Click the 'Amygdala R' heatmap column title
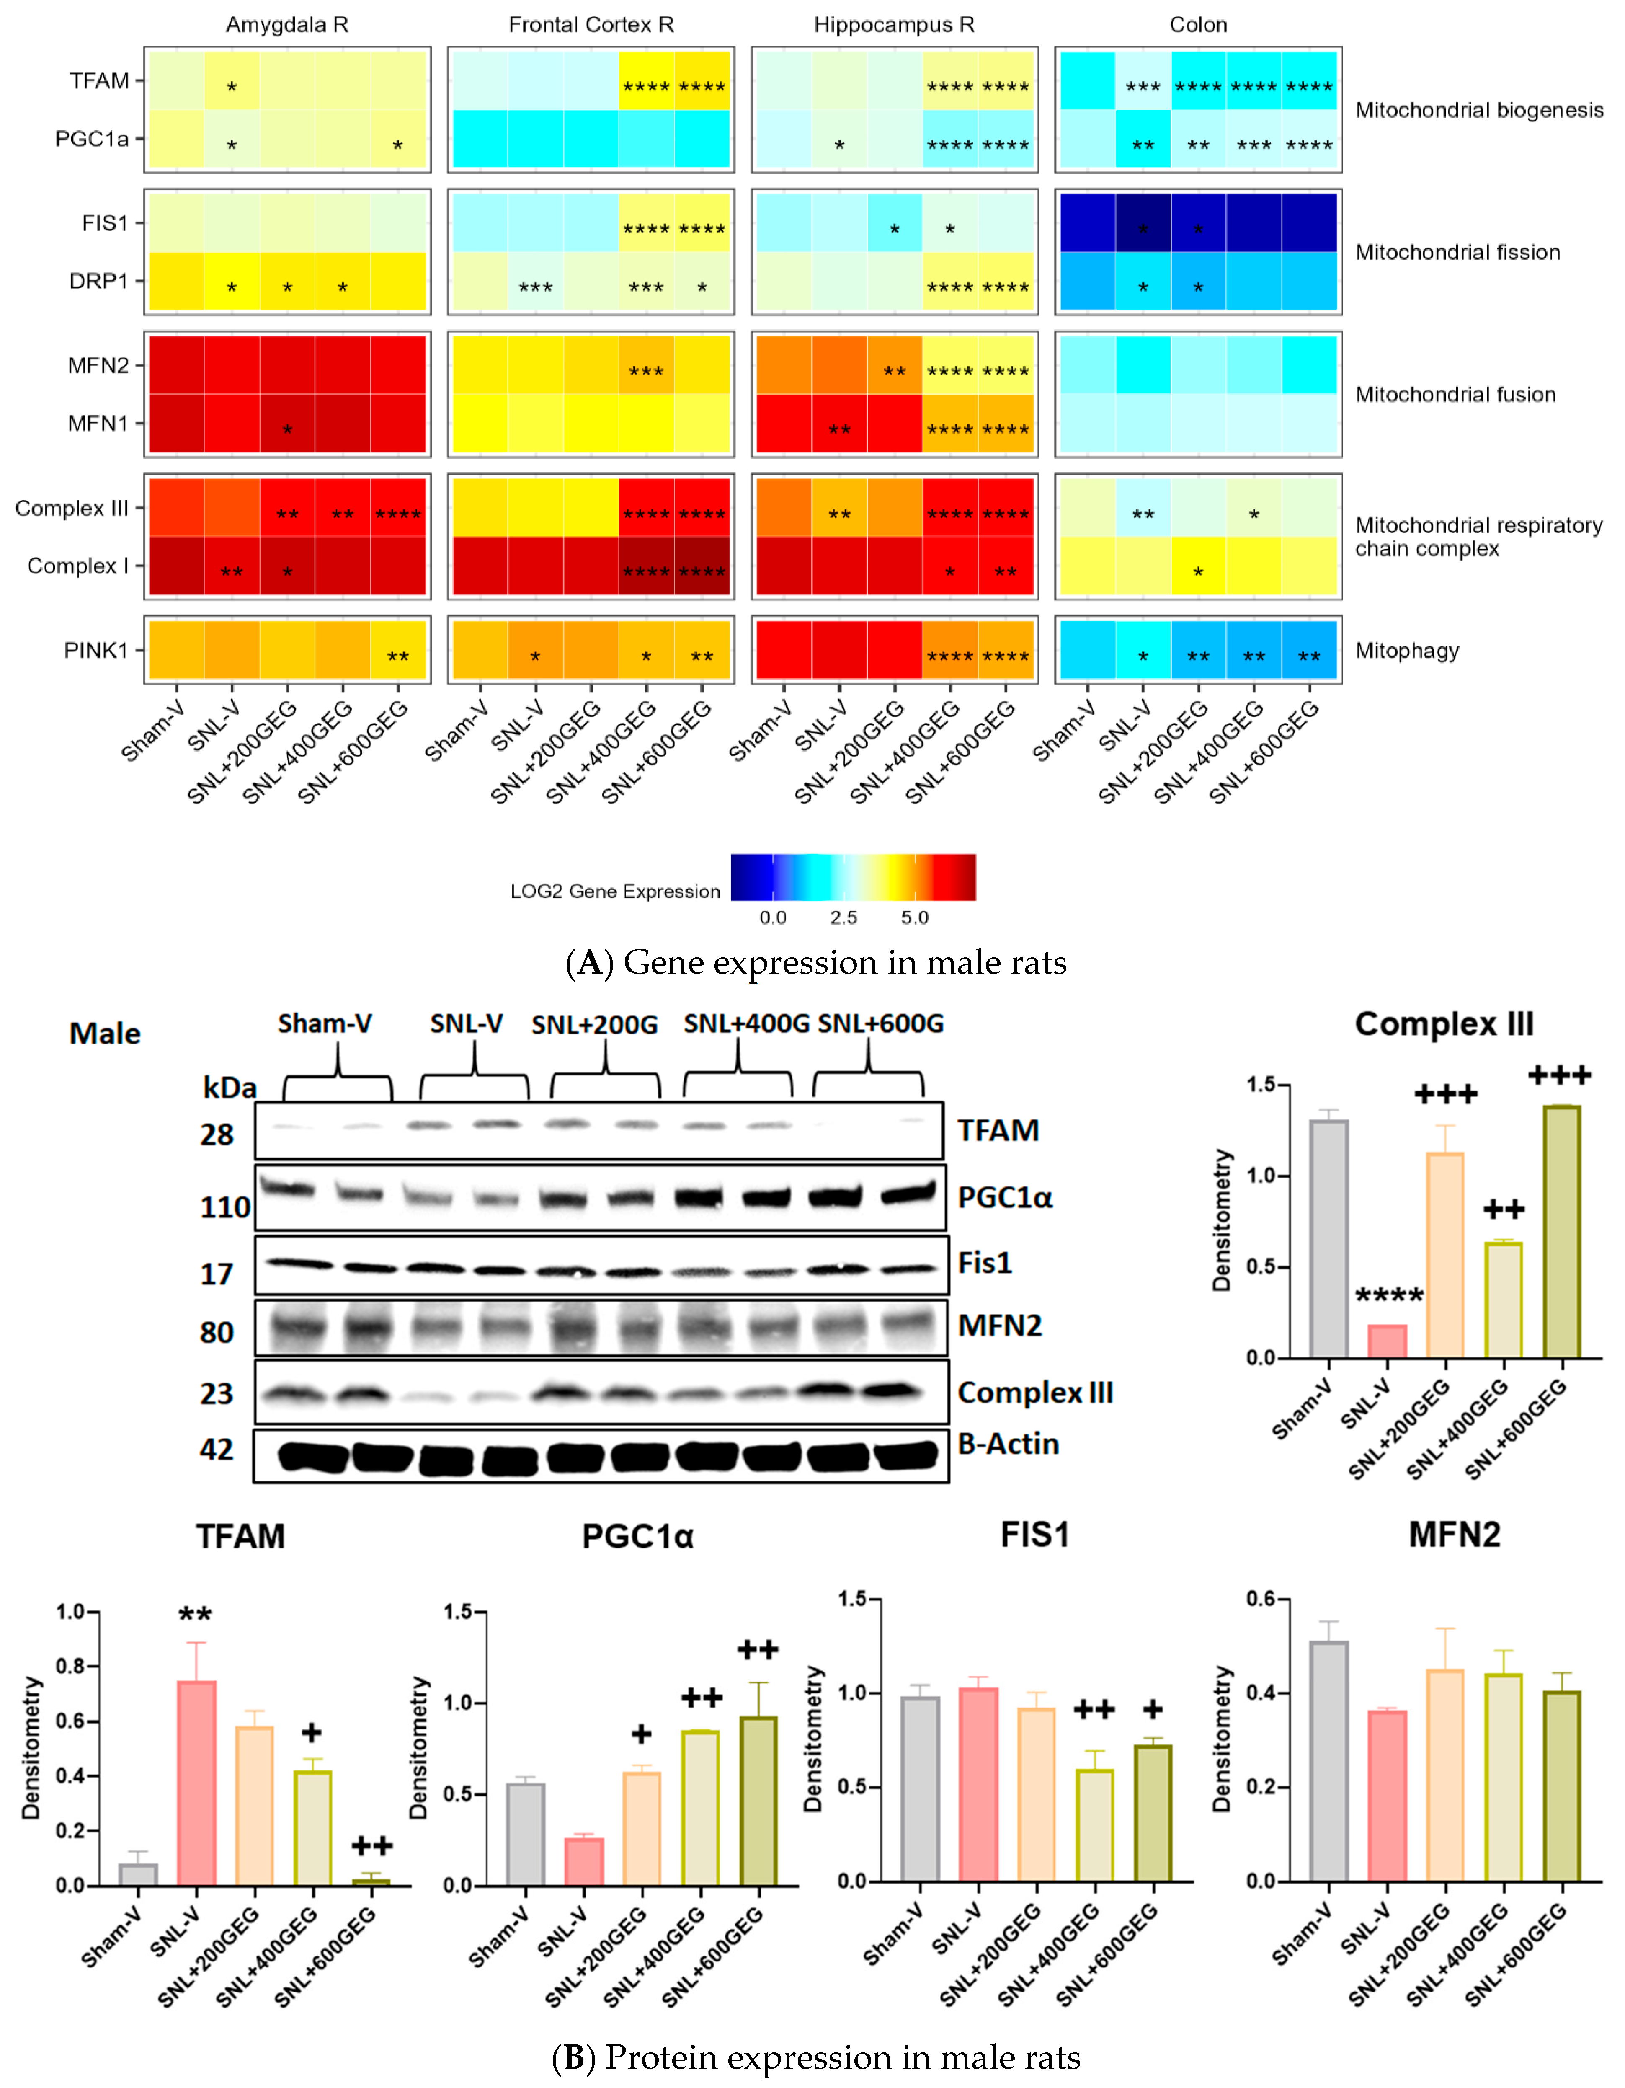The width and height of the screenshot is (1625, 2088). [x=287, y=25]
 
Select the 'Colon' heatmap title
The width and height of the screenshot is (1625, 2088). [x=1198, y=25]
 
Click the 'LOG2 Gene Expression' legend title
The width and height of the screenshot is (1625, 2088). [x=615, y=891]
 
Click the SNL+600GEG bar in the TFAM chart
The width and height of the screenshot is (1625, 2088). [x=371, y=1881]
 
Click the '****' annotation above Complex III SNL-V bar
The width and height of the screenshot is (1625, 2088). [x=1389, y=1296]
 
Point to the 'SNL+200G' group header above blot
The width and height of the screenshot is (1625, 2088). [x=595, y=1025]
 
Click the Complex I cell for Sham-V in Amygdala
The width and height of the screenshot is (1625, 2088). [x=175, y=566]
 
